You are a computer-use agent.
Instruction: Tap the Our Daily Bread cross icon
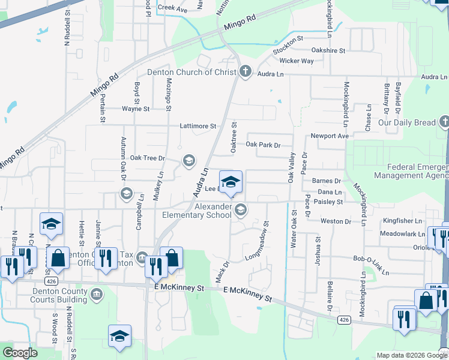click(444, 122)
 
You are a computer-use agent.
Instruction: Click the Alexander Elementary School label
click(197, 211)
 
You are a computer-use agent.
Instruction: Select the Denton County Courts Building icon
click(97, 294)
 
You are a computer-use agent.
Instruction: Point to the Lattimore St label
click(197, 126)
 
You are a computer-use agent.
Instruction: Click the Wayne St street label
click(135, 109)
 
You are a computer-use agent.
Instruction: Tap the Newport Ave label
click(330, 136)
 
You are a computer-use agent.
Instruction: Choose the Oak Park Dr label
click(264, 145)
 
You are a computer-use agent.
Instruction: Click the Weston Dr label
click(336, 221)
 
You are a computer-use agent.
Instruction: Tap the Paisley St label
click(328, 202)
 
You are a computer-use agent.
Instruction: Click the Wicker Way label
click(297, 61)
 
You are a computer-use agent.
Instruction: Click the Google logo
click(20, 353)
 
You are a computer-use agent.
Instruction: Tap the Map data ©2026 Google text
click(411, 355)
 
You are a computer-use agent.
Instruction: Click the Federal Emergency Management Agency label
click(410, 171)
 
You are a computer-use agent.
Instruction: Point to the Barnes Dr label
click(327, 181)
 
